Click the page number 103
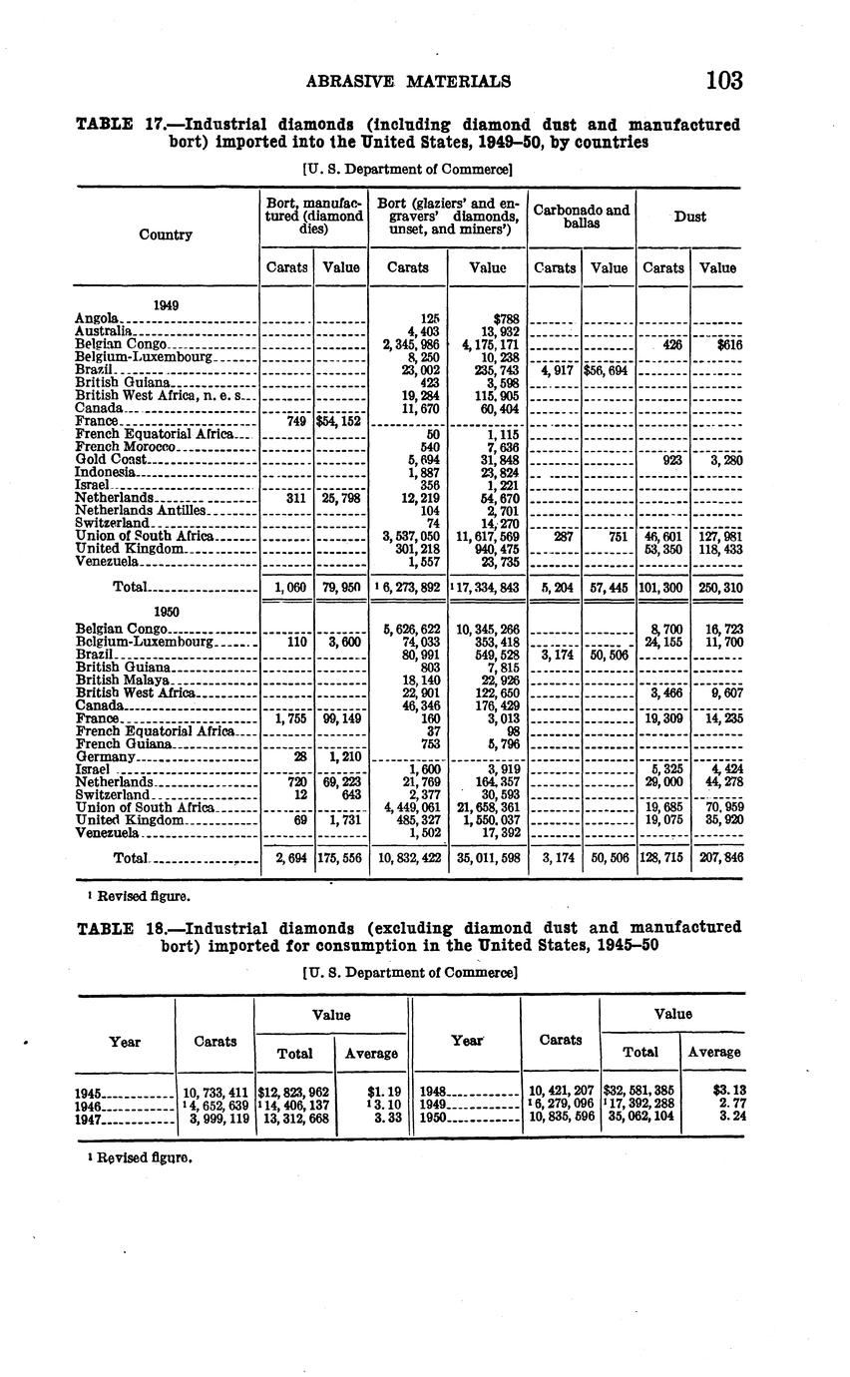pos(723,80)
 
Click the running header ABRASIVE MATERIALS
pos(408,81)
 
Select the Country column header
pos(165,234)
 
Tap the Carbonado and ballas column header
pos(582,217)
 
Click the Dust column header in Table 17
pos(690,216)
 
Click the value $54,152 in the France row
pos(340,422)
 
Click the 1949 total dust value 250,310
pos(717,589)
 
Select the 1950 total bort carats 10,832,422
pos(407,857)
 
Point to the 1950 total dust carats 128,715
pos(663,857)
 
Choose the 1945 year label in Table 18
pos(91,1094)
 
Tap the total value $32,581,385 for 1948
pos(639,1092)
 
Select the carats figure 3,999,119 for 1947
pos(213,1120)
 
